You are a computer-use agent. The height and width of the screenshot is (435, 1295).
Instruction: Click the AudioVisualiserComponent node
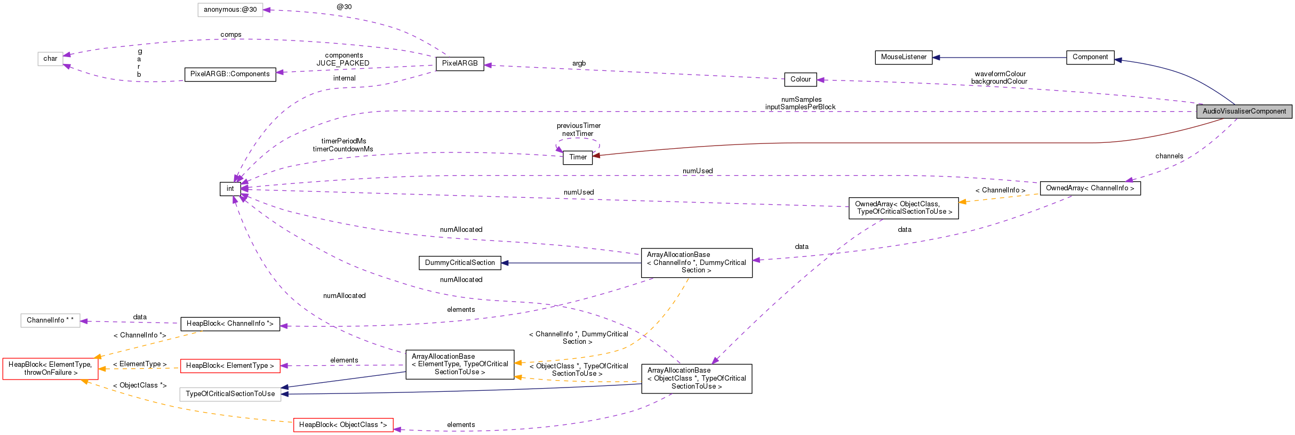(x=1244, y=111)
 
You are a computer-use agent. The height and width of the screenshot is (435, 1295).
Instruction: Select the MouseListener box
(x=904, y=57)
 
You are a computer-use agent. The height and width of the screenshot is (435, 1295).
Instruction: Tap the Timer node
(x=578, y=157)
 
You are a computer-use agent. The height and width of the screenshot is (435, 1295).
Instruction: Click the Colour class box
(x=800, y=79)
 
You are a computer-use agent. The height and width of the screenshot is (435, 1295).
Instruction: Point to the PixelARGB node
(x=460, y=63)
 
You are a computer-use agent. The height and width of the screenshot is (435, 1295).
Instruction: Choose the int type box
(x=230, y=189)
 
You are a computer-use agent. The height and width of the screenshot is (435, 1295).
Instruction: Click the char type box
(x=50, y=59)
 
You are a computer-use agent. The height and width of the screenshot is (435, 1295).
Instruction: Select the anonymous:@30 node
(x=230, y=10)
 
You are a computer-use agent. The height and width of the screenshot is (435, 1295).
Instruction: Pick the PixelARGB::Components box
(x=230, y=74)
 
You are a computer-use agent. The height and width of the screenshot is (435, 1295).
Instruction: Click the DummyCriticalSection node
(x=460, y=263)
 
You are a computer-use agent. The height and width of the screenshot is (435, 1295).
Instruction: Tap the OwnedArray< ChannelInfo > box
(x=1090, y=188)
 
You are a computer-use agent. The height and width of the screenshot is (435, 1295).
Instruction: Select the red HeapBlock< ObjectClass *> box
(x=343, y=425)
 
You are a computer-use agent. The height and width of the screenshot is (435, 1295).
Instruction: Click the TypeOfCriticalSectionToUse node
(x=230, y=394)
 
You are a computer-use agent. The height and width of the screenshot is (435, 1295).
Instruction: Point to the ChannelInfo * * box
(x=50, y=320)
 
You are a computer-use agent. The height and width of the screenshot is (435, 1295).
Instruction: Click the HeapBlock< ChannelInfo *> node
(x=230, y=324)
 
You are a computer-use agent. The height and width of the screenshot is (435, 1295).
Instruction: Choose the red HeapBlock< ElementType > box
(x=230, y=366)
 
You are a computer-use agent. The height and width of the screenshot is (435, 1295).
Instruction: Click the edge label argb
(x=579, y=63)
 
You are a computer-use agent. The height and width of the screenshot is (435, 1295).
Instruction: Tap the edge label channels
(x=1169, y=156)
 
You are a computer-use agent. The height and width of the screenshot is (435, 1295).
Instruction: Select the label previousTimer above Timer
(x=578, y=126)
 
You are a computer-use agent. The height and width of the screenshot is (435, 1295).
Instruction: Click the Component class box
(x=1090, y=57)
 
